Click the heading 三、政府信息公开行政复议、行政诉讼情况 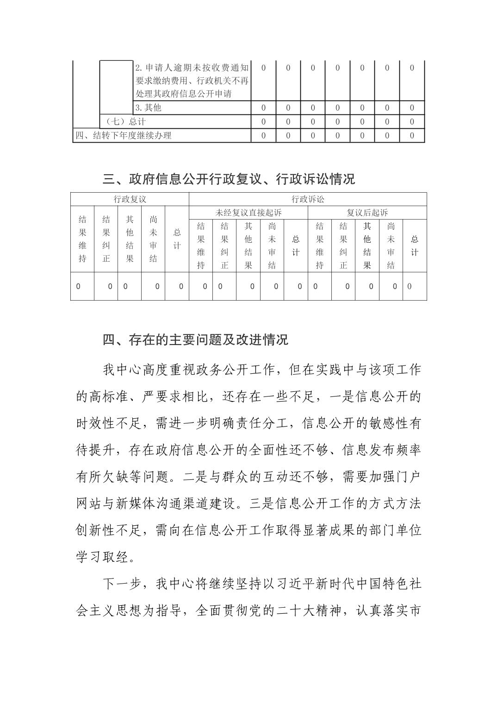[229, 179]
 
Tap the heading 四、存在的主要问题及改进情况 [195, 340]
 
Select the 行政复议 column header [130, 199]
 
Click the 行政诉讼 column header [308, 199]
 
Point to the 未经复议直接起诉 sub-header [248, 213]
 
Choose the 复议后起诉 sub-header [367, 213]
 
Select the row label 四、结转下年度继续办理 [123, 136]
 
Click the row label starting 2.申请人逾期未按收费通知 [192, 81]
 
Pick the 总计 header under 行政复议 [177, 239]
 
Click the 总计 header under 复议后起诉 [415, 245]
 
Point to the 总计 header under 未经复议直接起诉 [296, 245]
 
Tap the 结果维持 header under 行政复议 [82, 239]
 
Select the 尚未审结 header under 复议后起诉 [391, 245]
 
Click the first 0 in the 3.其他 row [264, 108]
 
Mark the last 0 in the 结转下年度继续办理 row [412, 136]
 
